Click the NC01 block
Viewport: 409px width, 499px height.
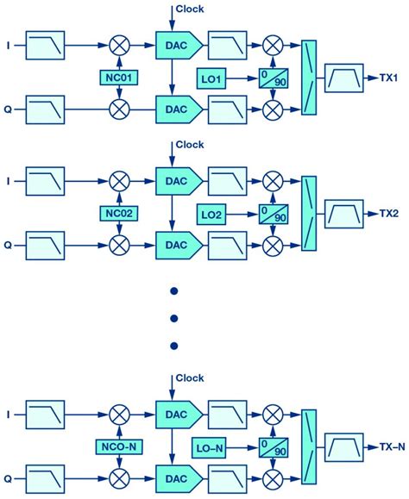click(x=118, y=78)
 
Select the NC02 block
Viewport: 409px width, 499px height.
click(x=118, y=211)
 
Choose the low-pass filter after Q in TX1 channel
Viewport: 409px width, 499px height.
click(x=46, y=109)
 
